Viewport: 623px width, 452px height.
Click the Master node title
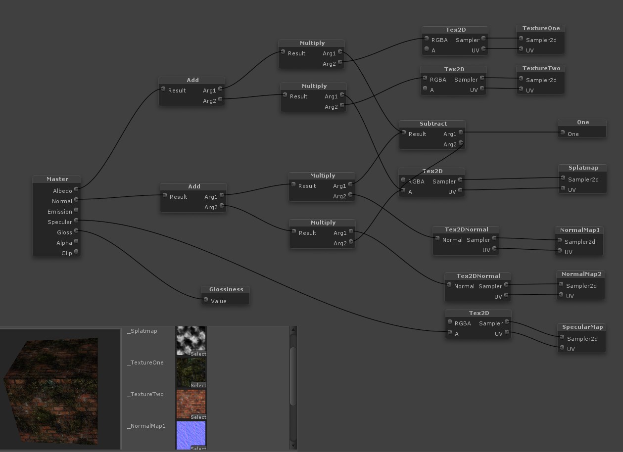click(57, 179)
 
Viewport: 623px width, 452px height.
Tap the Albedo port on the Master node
click(77, 189)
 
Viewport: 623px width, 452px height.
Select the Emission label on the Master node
click(60, 212)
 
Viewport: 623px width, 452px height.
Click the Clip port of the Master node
click(77, 252)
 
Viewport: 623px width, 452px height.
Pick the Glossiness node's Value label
click(218, 301)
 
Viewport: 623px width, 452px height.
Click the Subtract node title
click(433, 124)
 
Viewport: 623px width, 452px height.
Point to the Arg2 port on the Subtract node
click(461, 143)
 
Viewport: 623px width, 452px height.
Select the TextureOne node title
click(541, 28)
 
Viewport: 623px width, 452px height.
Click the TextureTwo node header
click(541, 68)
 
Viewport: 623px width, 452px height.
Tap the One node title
click(582, 122)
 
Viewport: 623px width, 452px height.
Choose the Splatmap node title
click(583, 168)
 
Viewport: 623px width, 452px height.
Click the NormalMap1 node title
click(579, 230)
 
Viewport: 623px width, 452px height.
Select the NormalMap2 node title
click(581, 274)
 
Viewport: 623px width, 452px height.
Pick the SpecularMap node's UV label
click(571, 349)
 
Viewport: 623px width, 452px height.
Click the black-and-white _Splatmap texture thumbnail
click(191, 340)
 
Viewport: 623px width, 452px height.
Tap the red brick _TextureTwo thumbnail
click(191, 403)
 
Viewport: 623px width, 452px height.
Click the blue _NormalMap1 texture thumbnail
click(191, 434)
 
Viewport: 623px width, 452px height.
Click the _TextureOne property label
click(145, 362)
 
